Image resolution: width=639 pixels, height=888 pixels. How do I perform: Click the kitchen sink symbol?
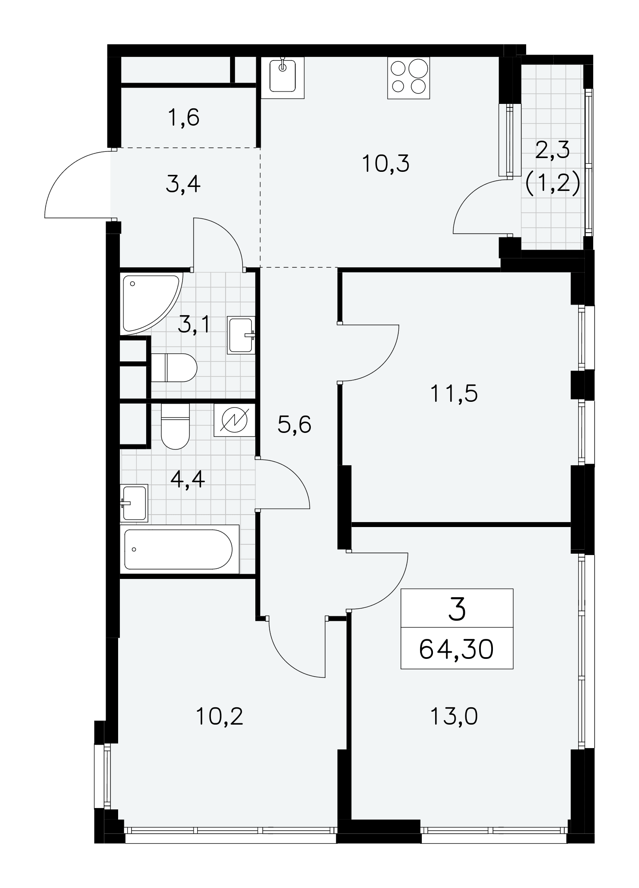pyautogui.click(x=282, y=77)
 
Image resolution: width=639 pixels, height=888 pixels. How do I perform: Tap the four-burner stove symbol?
pyautogui.click(x=409, y=78)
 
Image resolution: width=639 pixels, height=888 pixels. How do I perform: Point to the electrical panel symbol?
pyautogui.click(x=234, y=420)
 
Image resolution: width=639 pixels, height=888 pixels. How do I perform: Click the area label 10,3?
pyautogui.click(x=385, y=164)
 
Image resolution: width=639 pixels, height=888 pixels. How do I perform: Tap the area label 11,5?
pyautogui.click(x=454, y=393)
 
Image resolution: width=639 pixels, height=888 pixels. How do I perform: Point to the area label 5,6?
pyautogui.click(x=294, y=425)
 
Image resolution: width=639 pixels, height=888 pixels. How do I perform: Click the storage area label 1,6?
pyautogui.click(x=183, y=118)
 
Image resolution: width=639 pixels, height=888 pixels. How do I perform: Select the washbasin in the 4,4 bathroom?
pyautogui.click(x=134, y=503)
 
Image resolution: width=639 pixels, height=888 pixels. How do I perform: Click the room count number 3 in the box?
pyautogui.click(x=457, y=609)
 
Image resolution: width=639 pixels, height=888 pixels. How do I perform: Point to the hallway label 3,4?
pyautogui.click(x=183, y=184)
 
